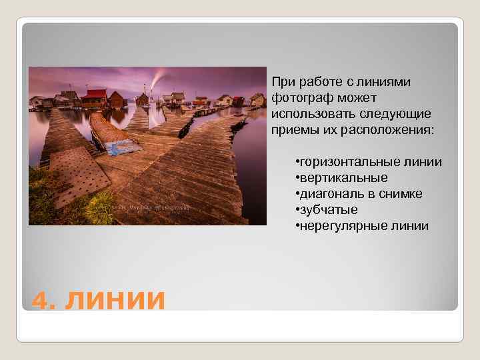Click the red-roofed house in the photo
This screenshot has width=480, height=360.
pos(94,97)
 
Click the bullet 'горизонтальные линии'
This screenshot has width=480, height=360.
pos(369,162)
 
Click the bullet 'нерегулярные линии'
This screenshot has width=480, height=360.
pos(363,226)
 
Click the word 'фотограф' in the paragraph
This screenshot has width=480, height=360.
pos(297,97)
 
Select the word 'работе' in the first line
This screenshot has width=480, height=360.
pos(319,81)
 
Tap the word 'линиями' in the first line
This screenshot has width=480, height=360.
pos(389,81)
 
